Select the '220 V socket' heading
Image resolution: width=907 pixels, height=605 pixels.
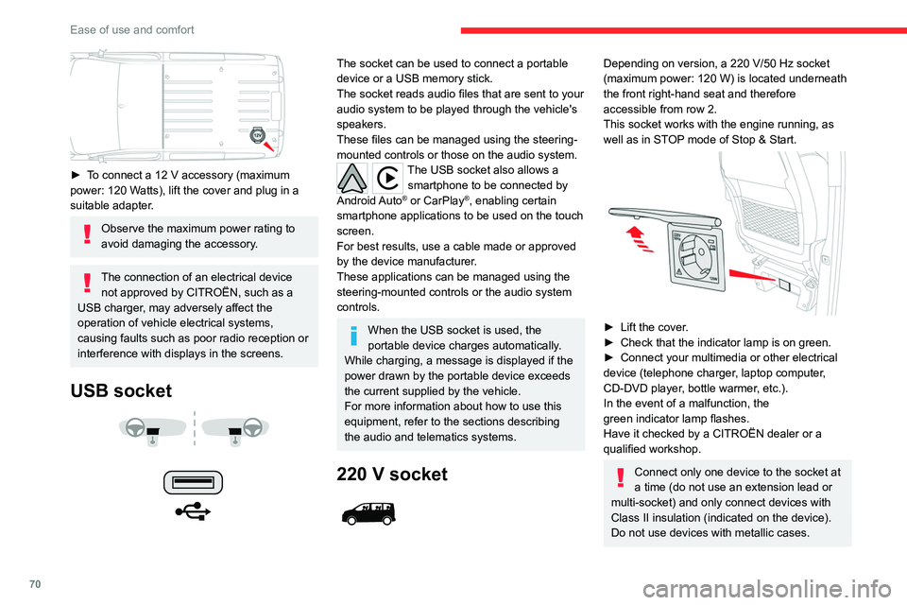tap(392, 474)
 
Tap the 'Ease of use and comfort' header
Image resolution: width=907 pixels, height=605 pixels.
tap(132, 29)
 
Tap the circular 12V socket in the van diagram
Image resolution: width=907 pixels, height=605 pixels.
tap(257, 136)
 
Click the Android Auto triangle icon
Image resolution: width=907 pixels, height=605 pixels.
tap(353, 177)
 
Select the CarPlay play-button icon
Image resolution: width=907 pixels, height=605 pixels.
tap(388, 177)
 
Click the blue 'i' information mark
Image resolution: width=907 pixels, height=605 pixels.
tap(351, 332)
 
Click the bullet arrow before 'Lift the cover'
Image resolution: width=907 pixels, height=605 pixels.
tap(608, 326)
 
